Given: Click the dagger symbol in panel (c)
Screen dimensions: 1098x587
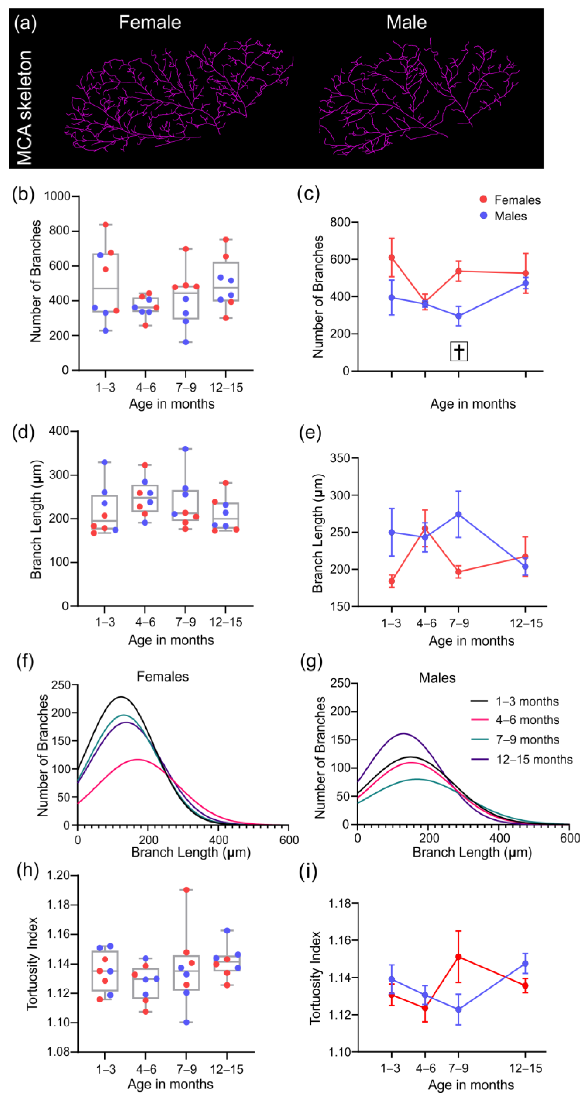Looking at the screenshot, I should pyautogui.click(x=459, y=351).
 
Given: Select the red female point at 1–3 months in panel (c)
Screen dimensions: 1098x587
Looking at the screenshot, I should pyautogui.click(x=391, y=257).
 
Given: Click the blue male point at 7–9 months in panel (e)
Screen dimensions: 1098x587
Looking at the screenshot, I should pyautogui.click(x=459, y=515).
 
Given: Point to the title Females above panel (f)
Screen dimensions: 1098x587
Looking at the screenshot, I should pyautogui.click(x=162, y=676).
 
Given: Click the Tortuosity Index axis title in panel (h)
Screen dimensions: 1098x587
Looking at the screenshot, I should pyautogui.click(x=32, y=963).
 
